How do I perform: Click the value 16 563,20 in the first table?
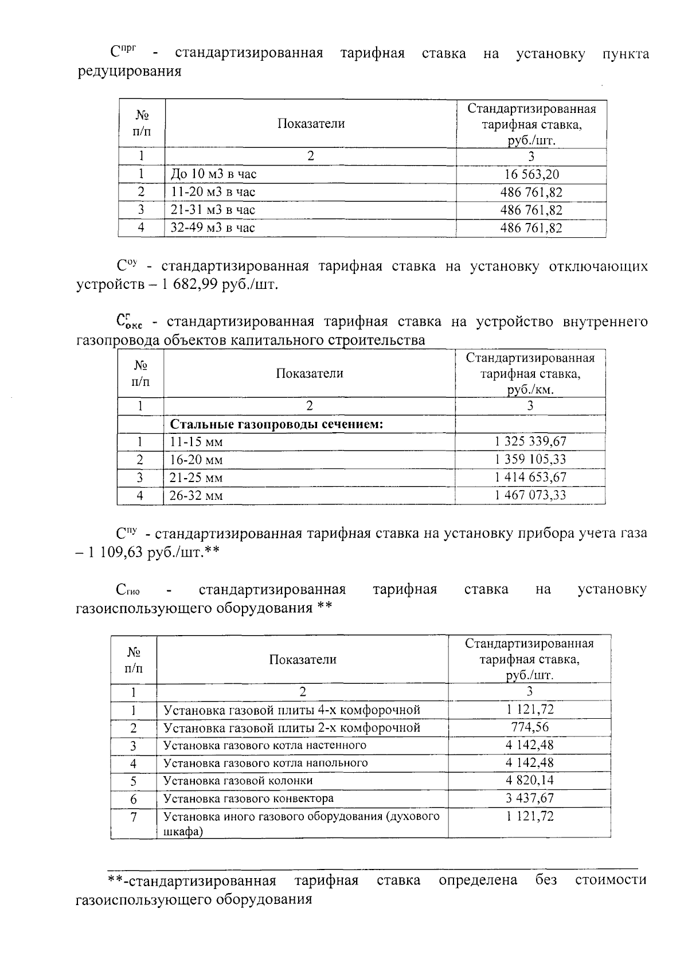[x=530, y=174]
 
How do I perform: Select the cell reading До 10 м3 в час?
[x=213, y=174]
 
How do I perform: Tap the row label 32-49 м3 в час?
[x=213, y=228]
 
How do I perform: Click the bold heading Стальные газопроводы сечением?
[x=276, y=424]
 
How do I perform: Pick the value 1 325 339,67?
[x=530, y=441]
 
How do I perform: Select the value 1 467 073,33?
[x=530, y=495]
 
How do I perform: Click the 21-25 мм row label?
[x=196, y=477]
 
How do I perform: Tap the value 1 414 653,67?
[x=530, y=477]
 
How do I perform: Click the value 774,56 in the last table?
[x=530, y=727]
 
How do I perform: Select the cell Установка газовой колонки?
[x=238, y=781]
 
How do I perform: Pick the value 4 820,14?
[x=530, y=780]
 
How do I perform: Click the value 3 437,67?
[x=530, y=798]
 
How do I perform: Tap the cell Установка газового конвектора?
[x=248, y=798]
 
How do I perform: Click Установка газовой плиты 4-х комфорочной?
[x=292, y=710]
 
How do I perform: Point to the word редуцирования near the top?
[x=129, y=72]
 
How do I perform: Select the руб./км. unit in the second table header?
[x=530, y=390]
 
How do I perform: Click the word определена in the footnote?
[x=478, y=880]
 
